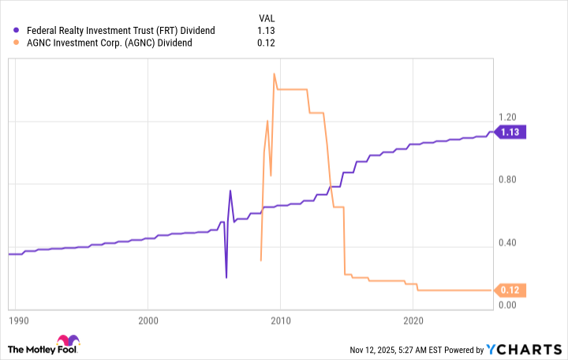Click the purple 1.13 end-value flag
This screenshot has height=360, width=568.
[x=510, y=133]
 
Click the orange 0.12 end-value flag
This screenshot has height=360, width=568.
[x=510, y=290]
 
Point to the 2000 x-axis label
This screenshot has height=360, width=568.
[x=148, y=321]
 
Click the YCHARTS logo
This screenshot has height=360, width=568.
[x=525, y=349]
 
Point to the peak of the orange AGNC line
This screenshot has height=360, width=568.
[x=274, y=73]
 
